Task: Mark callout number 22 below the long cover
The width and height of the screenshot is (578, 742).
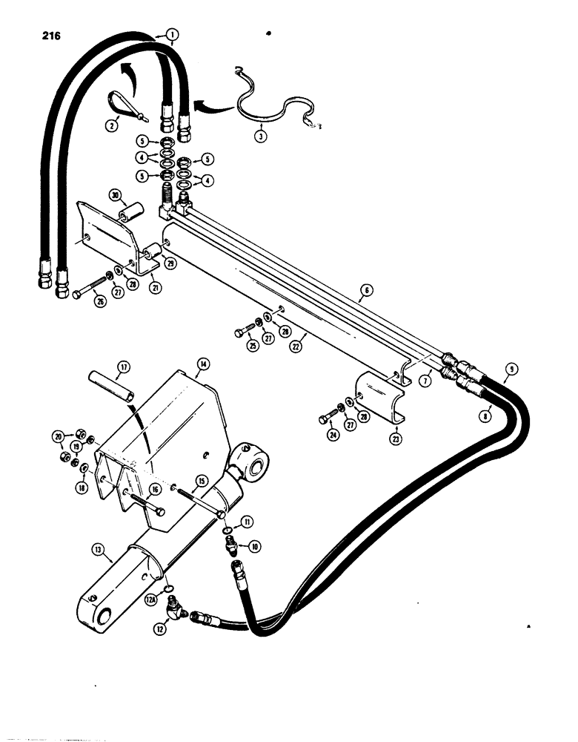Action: pos(296,347)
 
